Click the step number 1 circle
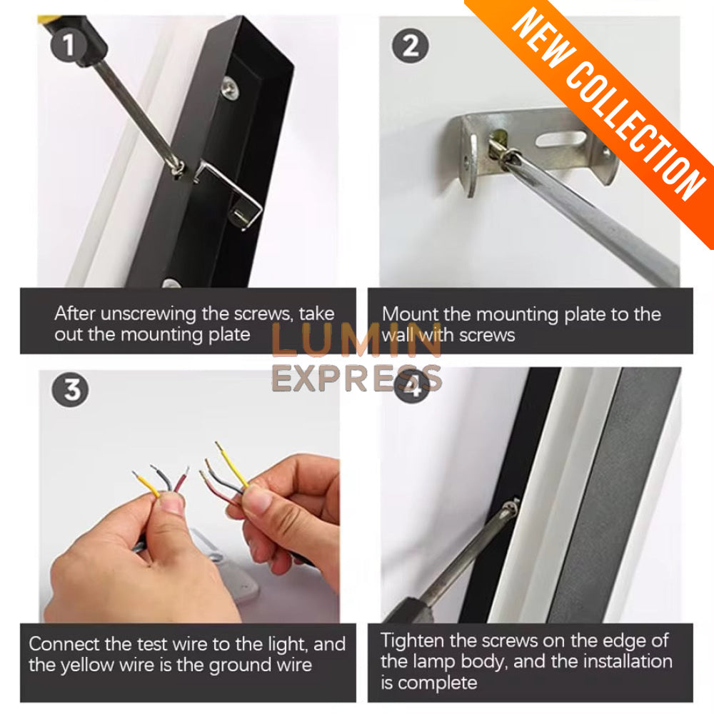click(69, 45)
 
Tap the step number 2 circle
click(411, 45)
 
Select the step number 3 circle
click(71, 390)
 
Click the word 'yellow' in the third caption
click(87, 665)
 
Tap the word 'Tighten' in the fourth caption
click(412, 641)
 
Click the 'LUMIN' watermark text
click(356, 340)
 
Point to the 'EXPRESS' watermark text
click(356, 378)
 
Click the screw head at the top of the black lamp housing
click(231, 87)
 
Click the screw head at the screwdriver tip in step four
click(512, 508)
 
